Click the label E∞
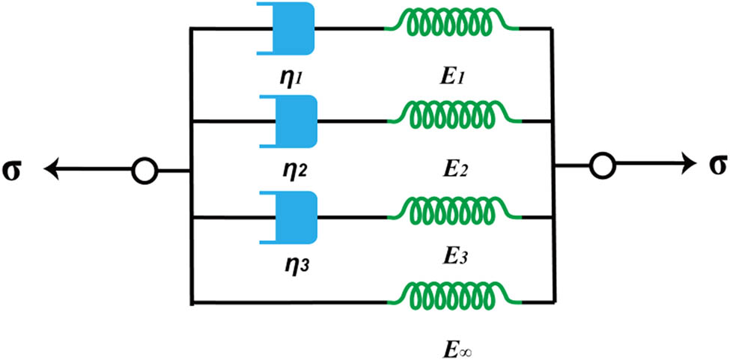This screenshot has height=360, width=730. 457,349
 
